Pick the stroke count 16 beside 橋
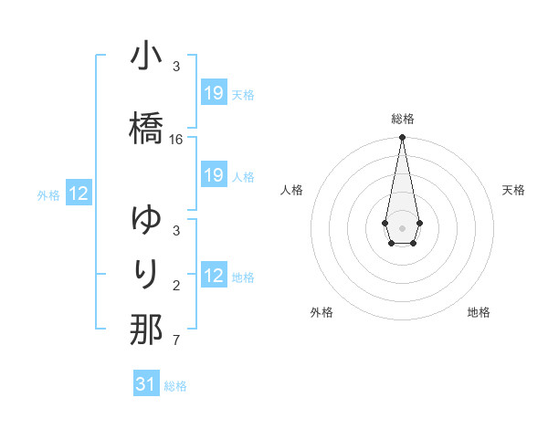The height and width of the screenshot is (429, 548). (x=176, y=140)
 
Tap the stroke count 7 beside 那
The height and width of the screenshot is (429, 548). (x=176, y=341)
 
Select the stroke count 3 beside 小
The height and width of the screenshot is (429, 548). (x=176, y=67)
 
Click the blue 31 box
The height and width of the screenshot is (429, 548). (x=146, y=384)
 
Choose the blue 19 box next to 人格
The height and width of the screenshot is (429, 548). (x=214, y=175)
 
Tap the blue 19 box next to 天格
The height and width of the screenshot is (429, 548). (x=214, y=93)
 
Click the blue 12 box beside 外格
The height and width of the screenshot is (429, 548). (x=79, y=194)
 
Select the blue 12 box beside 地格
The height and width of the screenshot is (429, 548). (x=214, y=276)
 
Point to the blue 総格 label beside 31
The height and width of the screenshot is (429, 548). (x=175, y=386)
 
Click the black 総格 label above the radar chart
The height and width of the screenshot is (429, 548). (x=403, y=119)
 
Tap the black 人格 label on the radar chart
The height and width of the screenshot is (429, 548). (x=292, y=190)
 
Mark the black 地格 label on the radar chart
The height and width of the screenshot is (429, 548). (x=479, y=312)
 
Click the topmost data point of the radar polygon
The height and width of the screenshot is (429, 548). (x=402, y=138)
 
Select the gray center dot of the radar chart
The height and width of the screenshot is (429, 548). (x=402, y=226)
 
